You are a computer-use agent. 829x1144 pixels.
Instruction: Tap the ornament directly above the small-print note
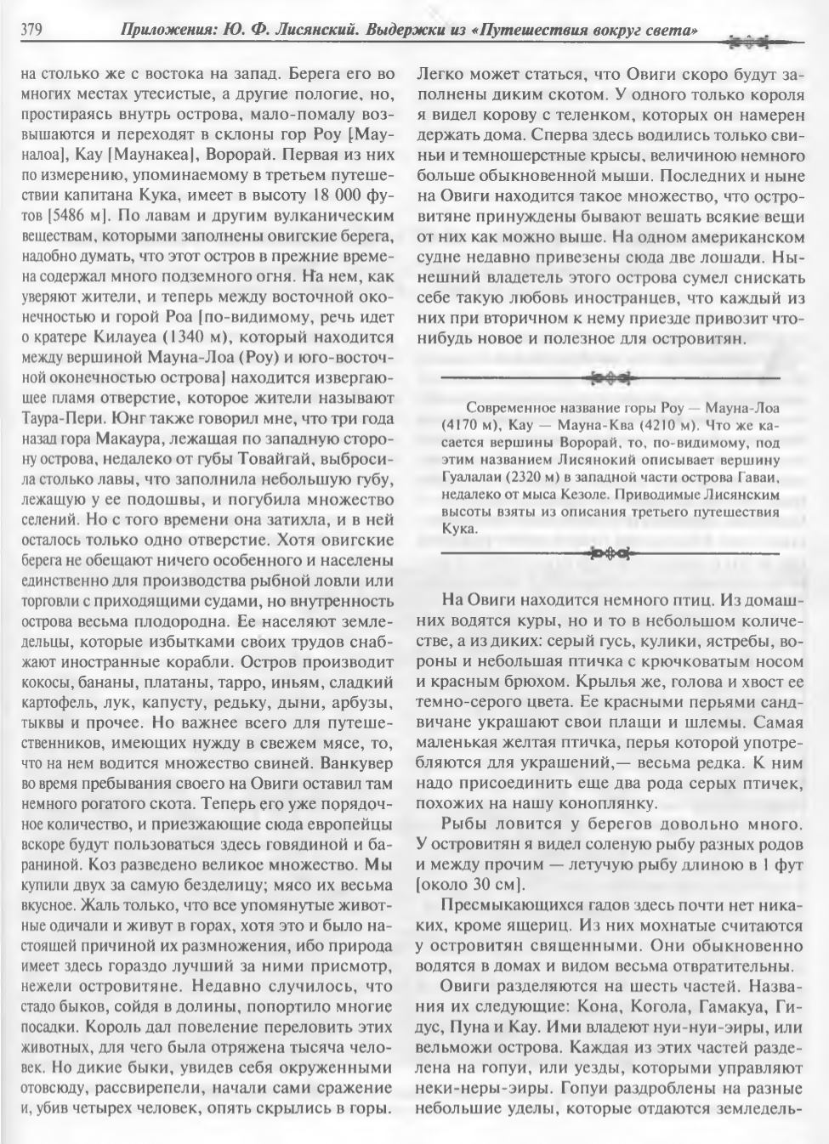click(x=610, y=376)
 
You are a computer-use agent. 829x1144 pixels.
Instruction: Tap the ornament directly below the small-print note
click(x=610, y=554)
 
